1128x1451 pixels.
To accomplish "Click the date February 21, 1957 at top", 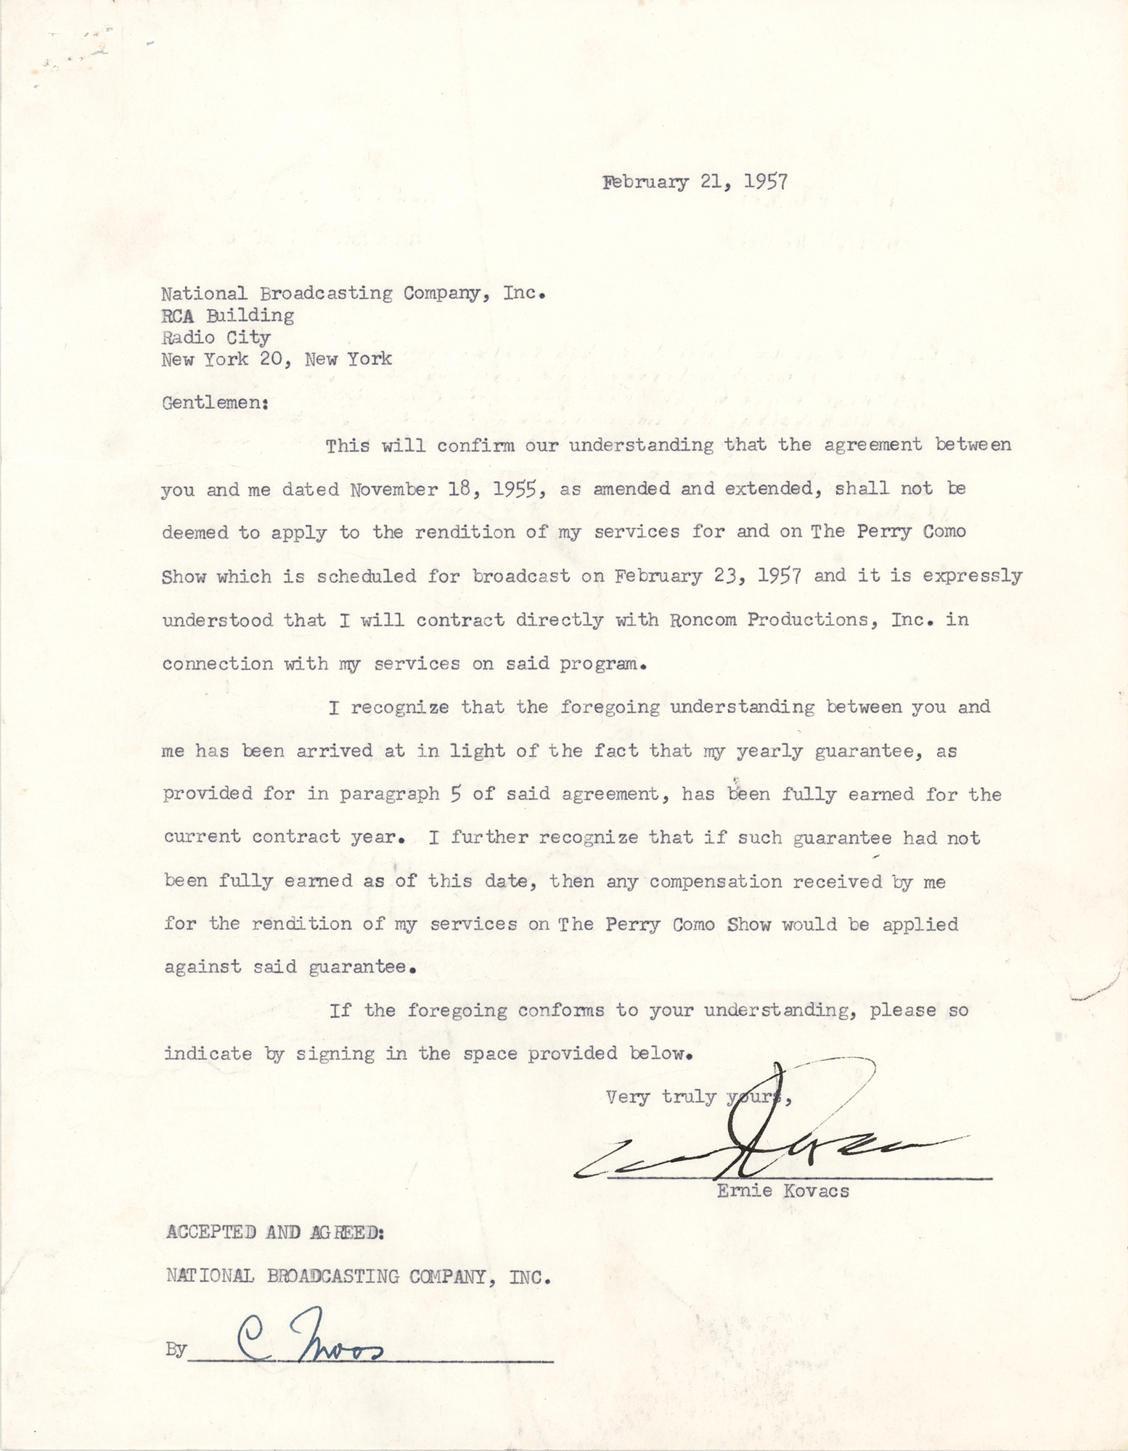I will coord(695,181).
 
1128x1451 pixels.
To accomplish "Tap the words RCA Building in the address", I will coord(227,316).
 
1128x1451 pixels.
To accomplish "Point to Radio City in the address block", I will coord(216,337).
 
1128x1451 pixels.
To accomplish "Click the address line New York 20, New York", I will coord(277,359).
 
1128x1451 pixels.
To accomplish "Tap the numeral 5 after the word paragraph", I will coord(455,794).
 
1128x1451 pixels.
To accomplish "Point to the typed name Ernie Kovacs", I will coord(782,1191).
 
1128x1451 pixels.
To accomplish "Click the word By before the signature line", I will coord(176,1350).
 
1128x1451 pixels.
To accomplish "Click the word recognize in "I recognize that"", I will coord(399,707).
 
